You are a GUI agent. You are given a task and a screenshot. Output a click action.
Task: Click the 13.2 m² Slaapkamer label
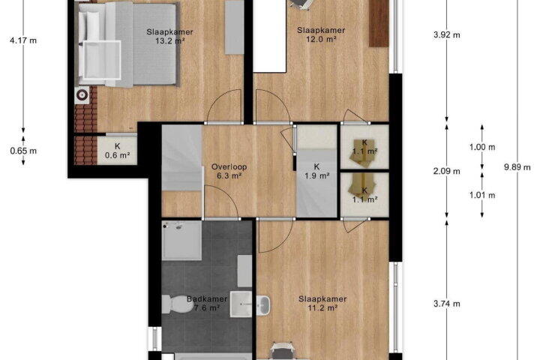coord(169,37)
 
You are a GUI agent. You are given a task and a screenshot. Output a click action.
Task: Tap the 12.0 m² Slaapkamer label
coord(321,34)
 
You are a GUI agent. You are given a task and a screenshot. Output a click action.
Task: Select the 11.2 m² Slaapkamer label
coord(322,304)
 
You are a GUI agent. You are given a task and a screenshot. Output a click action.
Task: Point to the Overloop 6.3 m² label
coord(229,171)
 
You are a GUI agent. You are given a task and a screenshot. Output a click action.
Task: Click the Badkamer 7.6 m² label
coord(207,304)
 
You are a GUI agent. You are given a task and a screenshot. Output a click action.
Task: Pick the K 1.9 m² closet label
coord(316,171)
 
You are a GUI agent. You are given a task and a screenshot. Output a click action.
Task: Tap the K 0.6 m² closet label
coord(118,151)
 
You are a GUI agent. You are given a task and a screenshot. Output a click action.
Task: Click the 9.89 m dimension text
coord(517,167)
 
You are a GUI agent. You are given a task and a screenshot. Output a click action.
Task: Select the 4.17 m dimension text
coord(23,40)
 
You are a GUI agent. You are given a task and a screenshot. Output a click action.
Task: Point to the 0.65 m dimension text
coord(23,151)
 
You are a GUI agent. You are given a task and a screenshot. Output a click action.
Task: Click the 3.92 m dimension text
coord(447,34)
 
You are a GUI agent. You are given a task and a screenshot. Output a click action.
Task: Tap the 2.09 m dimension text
coord(447,171)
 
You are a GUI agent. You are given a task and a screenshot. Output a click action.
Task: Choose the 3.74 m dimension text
coord(447,304)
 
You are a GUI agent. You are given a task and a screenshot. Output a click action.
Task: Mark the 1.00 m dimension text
coord(482,147)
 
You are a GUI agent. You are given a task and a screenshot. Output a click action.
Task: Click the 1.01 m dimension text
coord(482,195)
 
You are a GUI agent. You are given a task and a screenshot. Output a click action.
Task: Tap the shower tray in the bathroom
coord(181,241)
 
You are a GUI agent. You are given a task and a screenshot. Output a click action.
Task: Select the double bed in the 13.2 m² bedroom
coord(127,43)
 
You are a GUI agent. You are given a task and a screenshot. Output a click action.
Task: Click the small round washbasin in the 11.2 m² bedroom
coord(263,305)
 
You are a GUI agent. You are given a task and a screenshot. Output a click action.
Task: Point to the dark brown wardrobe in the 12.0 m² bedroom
coord(379,23)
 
